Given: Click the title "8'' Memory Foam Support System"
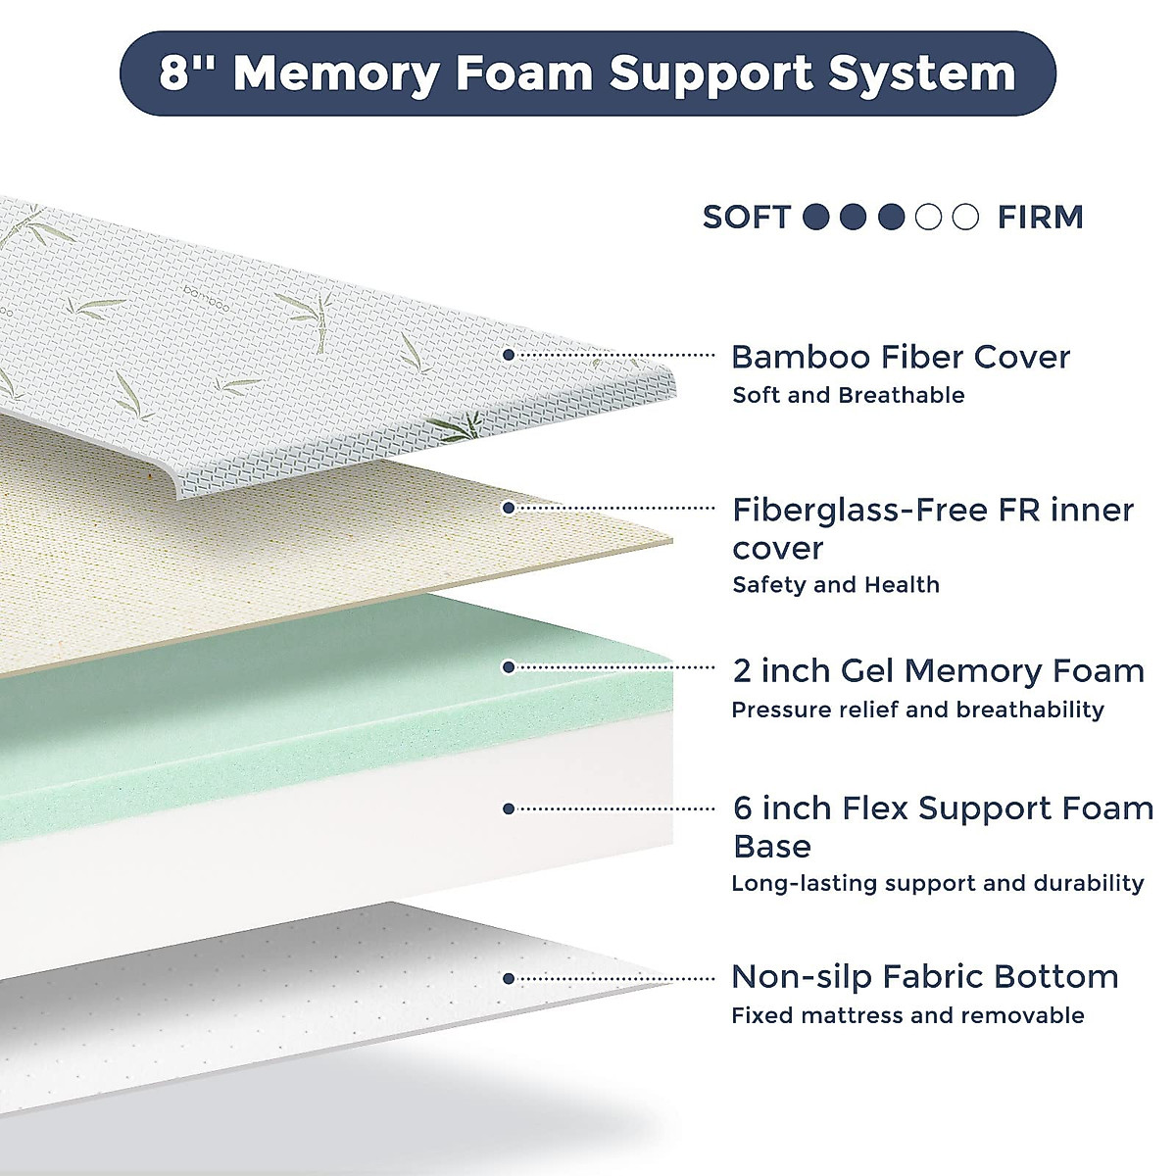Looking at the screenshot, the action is click(588, 73).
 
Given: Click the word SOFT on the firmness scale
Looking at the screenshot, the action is click(746, 218).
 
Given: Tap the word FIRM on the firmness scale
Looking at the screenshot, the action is click(1040, 218).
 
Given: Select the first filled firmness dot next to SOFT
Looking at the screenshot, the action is click(816, 217).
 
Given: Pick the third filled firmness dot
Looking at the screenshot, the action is click(891, 217).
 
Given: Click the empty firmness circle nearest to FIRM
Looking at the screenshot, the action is click(965, 217).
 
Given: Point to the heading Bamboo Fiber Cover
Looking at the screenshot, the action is click(901, 357).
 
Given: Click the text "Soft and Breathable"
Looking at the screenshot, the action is click(849, 396).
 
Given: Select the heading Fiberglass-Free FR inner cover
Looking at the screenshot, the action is click(932, 528).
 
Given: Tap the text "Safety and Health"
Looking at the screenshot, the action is click(836, 585).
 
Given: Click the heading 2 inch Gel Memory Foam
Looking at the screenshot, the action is click(938, 671).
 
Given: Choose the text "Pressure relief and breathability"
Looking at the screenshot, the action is click(917, 710).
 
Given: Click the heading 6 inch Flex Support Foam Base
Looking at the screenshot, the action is click(943, 827).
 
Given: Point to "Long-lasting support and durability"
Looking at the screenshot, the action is click(937, 883).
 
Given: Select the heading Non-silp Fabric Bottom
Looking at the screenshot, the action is click(924, 977).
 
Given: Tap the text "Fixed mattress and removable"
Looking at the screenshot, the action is click(907, 1015).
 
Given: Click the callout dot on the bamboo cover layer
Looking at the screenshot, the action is click(509, 355).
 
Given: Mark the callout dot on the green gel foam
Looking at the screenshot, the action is click(509, 667).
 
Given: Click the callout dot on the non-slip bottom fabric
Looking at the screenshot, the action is click(509, 978).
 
